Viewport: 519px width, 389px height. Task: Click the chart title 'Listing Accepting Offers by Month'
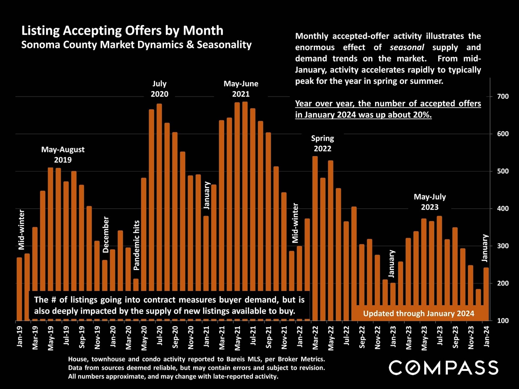click(x=122, y=31)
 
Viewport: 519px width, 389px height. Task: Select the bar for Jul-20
click(x=159, y=197)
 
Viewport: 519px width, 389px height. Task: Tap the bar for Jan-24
click(x=486, y=286)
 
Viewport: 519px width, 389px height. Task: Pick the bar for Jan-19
click(x=19, y=289)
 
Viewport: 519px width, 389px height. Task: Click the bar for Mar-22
click(x=315, y=238)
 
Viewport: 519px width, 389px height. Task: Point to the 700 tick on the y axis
click(x=503, y=96)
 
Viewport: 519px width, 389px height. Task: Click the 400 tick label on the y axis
click(x=503, y=208)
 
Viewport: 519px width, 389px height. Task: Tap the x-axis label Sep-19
click(x=82, y=337)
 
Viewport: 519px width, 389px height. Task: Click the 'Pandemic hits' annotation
click(x=137, y=245)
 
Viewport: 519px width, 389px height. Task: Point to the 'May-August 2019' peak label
click(x=63, y=154)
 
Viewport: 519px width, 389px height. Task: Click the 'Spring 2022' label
click(x=322, y=143)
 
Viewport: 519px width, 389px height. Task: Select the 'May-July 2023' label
click(x=430, y=202)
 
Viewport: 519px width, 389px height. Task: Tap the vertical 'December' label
click(x=106, y=234)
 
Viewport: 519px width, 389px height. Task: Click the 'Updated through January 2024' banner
click(x=418, y=313)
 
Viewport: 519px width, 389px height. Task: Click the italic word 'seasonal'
click(x=407, y=47)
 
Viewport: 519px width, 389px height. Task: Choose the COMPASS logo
click(x=443, y=368)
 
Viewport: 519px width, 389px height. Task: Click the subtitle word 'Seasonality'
click(x=224, y=45)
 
